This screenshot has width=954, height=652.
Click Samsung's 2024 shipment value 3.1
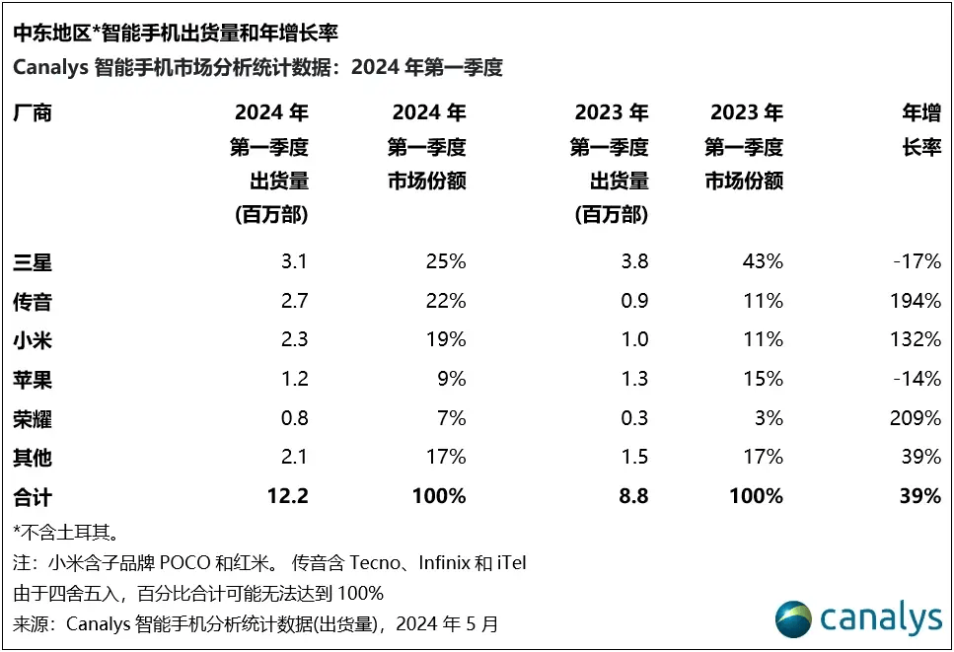point(293,262)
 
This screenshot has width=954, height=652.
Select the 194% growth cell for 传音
point(915,301)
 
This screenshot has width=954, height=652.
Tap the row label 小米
point(32,339)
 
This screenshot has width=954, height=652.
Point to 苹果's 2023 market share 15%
point(764,379)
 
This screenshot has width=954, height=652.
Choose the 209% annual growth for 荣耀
point(915,418)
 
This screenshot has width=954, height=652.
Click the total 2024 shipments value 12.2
point(288,496)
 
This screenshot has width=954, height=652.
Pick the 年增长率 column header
point(921,130)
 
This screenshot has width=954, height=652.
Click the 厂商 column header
point(32,112)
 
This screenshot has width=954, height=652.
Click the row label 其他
point(32,458)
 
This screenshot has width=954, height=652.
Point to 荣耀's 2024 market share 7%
point(452,418)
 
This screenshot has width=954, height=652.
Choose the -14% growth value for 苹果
point(917,379)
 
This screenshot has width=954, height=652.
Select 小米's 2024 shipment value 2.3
point(293,339)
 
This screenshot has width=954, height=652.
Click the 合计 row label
point(32,496)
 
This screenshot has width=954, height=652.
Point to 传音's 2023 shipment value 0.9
point(633,301)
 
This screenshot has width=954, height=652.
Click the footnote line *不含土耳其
point(66,534)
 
